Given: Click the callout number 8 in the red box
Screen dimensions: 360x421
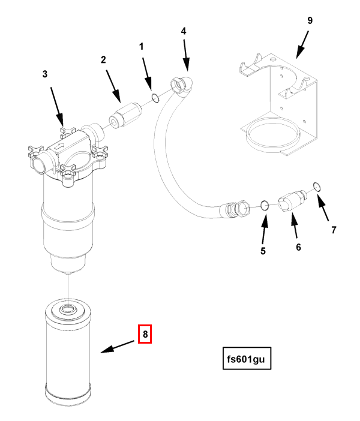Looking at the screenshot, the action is click(x=145, y=334).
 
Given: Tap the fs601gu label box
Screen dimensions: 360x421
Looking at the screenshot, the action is click(x=247, y=359).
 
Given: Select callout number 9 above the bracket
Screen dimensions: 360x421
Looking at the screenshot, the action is click(x=310, y=20).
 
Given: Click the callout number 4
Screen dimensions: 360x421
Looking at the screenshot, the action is click(x=184, y=31).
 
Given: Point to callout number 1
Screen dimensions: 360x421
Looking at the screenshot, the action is click(x=142, y=47).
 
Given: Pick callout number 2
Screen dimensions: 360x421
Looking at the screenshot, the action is click(x=103, y=60).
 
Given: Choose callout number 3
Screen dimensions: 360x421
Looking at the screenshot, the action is click(x=45, y=74).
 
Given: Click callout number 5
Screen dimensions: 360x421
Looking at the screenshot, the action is click(x=263, y=251).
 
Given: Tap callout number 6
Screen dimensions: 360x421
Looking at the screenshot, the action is click(x=298, y=247).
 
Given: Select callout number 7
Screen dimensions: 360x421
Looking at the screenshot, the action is click(x=334, y=230).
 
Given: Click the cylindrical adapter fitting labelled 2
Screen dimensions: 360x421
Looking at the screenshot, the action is click(x=125, y=115).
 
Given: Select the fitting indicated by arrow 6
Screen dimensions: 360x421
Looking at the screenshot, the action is click(x=292, y=201).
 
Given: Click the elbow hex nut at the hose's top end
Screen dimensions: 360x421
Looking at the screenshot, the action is click(x=178, y=85).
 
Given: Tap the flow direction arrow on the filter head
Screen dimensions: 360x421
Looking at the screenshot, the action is click(x=59, y=146).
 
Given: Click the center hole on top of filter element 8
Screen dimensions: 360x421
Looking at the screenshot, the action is click(x=68, y=309).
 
